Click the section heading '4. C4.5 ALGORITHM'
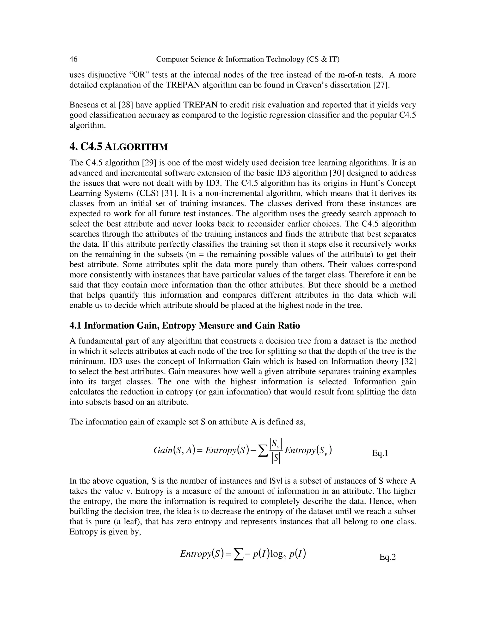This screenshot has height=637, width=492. click(x=118, y=147)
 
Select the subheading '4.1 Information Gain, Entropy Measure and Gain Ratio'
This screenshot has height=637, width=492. click(x=184, y=325)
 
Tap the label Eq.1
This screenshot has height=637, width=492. click(x=380, y=453)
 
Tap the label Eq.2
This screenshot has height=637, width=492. click(x=387, y=557)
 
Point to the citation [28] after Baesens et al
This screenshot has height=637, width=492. click(x=126, y=105)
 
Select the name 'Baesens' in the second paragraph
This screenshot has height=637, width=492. click(x=83, y=105)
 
